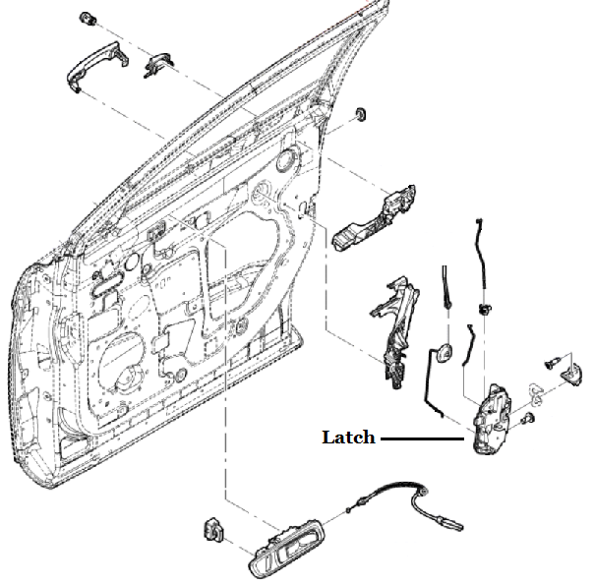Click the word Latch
tap(348, 438)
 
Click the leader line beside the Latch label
tap(421, 438)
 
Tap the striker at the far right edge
tap(569, 368)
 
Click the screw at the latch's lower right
tap(529, 421)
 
